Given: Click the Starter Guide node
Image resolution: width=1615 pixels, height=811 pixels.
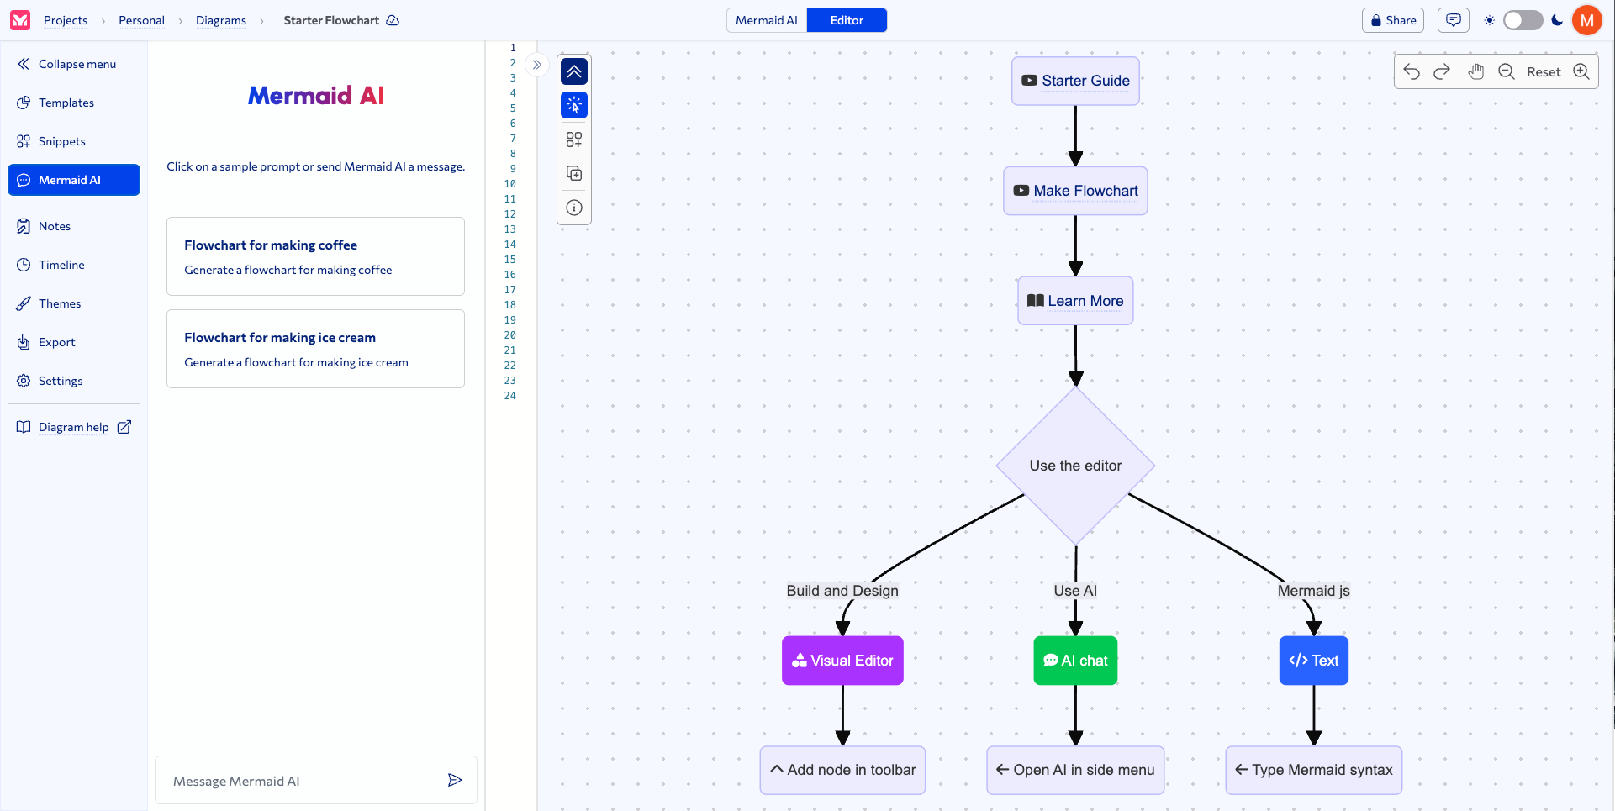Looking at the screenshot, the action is [x=1075, y=81].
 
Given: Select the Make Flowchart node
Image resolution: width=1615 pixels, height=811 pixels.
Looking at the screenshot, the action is [x=1075, y=191].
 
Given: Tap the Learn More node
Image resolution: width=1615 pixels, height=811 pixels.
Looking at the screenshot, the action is [x=1075, y=301].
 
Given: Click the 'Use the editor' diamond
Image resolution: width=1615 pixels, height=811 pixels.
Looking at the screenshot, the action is [x=1075, y=466].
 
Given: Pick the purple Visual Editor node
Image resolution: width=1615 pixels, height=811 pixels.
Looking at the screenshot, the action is [x=842, y=661].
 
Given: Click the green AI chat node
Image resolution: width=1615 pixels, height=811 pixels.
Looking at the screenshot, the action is [x=1075, y=661].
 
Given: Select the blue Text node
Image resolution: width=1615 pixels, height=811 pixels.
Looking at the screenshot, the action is [x=1314, y=661].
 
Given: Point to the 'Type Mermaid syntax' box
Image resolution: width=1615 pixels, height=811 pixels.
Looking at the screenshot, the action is [x=1314, y=770].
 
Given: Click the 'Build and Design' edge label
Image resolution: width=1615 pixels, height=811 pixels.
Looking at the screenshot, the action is [x=842, y=591].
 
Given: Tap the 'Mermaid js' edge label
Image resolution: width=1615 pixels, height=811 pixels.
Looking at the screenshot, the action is [x=1314, y=591].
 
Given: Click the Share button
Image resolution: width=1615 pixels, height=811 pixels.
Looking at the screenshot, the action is [x=1393, y=20].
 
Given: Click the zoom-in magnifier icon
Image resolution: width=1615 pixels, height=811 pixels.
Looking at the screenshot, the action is [x=1581, y=71].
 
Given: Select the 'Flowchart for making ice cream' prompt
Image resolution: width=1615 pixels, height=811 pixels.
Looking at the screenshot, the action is [x=315, y=349].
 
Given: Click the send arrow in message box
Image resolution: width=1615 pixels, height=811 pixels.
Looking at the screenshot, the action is [x=455, y=781].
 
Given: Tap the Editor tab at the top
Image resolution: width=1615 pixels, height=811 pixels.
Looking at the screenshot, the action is [x=847, y=20].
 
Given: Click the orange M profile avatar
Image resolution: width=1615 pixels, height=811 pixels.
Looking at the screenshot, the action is [x=1587, y=20].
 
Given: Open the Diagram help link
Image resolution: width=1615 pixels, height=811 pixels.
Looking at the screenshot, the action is [x=74, y=427].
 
